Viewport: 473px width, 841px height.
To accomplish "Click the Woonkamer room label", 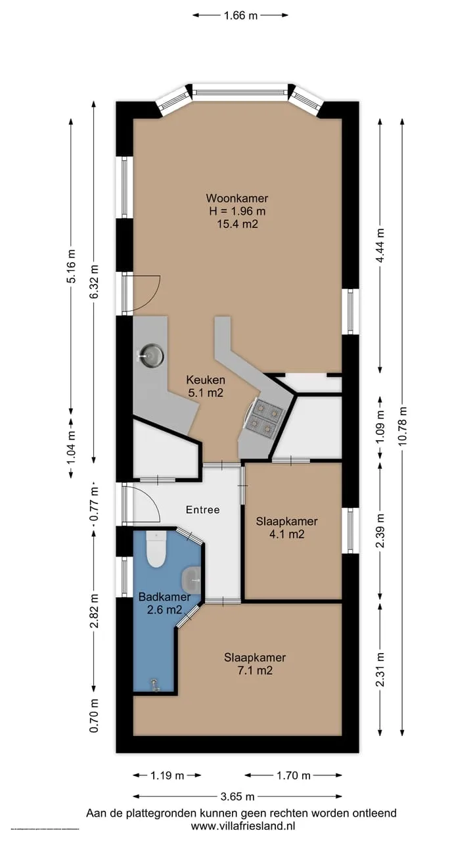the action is click(x=237, y=198).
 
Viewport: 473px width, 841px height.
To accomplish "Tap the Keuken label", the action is click(x=206, y=380).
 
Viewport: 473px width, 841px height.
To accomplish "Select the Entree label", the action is click(x=203, y=509).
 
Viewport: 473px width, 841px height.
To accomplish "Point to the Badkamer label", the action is click(x=164, y=596).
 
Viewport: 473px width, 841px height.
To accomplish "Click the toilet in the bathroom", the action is click(x=156, y=549).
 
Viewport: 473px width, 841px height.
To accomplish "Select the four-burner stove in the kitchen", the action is click(x=264, y=419).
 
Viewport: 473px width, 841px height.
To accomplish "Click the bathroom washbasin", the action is click(x=191, y=579).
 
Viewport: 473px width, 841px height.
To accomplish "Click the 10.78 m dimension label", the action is click(x=403, y=426).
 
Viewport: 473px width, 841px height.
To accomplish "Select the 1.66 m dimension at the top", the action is click(x=240, y=15).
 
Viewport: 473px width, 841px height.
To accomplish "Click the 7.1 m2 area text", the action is click(x=255, y=670).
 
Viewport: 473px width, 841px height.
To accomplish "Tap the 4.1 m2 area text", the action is click(x=287, y=534).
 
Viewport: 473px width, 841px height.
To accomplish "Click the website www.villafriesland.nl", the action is click(x=242, y=826).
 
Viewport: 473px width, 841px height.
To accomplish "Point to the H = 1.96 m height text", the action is click(x=237, y=211).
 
